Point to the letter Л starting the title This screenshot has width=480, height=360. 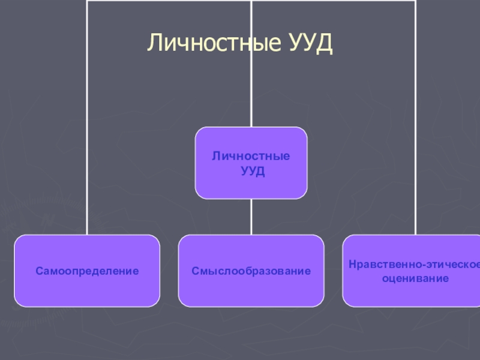click(155, 43)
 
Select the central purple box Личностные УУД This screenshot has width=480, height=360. click(251, 163)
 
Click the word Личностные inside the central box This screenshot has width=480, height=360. click(251, 156)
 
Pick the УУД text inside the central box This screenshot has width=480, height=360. click(252, 171)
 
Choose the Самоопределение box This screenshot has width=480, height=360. click(87, 271)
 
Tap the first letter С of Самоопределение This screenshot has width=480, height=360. click(39, 271)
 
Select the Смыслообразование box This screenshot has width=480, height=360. click(251, 271)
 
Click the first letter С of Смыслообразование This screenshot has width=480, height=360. click(195, 271)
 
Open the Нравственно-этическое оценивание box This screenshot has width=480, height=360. click(411, 271)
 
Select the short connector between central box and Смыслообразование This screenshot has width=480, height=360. click(251, 217)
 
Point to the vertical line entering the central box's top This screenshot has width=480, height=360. click(251, 90)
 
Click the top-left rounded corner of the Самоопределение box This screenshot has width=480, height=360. click(19, 239)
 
